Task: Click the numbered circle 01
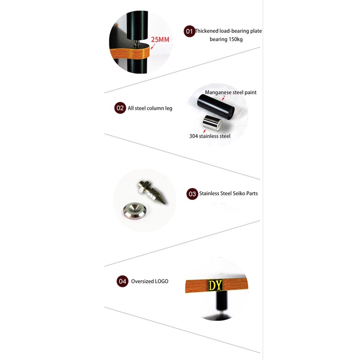click(x=189, y=31)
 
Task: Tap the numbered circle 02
click(x=120, y=108)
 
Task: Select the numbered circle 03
click(x=192, y=194)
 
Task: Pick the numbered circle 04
click(x=122, y=281)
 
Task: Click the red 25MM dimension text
click(x=160, y=40)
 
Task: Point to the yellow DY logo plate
click(x=215, y=285)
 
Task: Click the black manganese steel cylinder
click(x=216, y=106)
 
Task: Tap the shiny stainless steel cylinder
click(x=212, y=123)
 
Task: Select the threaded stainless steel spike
click(x=152, y=192)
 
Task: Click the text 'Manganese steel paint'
click(x=230, y=92)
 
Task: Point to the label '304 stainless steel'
click(x=210, y=136)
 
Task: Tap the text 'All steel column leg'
click(x=150, y=108)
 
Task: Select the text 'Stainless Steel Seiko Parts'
click(x=229, y=193)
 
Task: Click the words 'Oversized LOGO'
click(x=150, y=281)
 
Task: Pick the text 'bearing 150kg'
click(x=226, y=39)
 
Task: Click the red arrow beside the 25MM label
click(x=153, y=46)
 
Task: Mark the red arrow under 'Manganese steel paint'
click(x=223, y=98)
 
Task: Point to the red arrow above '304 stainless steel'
click(x=204, y=131)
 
